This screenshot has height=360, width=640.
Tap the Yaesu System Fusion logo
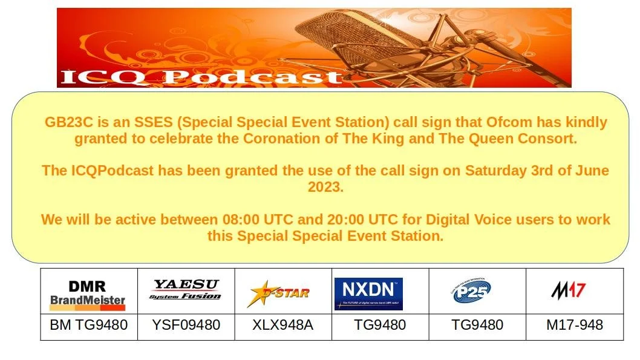point(185,290)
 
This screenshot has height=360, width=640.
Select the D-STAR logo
point(279,293)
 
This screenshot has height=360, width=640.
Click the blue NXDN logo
point(368,293)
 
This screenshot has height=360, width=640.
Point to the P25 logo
point(472,292)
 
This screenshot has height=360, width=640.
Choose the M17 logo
point(568,290)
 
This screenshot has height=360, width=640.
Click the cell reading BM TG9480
point(88,325)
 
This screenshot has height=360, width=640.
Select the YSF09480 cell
point(185,325)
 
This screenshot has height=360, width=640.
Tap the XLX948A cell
point(282,325)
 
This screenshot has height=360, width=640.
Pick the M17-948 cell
point(574,325)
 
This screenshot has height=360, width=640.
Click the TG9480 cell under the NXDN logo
point(380,325)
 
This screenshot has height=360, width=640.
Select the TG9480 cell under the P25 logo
point(477,325)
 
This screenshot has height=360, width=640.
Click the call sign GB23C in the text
point(65,122)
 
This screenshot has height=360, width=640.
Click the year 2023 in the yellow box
point(325,187)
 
